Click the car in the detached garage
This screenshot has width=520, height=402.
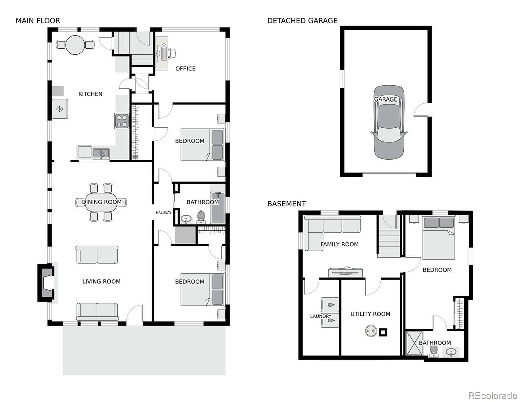click(389, 122)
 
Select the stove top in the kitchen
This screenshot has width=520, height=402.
click(122, 121)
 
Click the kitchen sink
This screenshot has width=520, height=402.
click(101, 154)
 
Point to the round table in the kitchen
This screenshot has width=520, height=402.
click(75, 45)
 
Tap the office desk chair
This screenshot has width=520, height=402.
click(172, 53)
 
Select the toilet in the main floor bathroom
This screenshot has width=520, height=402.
click(201, 217)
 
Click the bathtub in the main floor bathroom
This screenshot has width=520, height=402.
click(218, 208)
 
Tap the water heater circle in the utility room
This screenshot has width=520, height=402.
click(371, 331)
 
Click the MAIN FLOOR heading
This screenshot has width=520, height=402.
click(38, 21)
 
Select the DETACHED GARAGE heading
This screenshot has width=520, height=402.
click(302, 21)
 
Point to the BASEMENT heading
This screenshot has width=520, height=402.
click(286, 204)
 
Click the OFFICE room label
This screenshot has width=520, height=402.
click(185, 69)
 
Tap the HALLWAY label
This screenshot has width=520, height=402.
click(164, 213)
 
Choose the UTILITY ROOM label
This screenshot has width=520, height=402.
click(370, 314)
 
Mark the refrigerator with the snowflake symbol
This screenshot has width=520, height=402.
click(60, 109)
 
